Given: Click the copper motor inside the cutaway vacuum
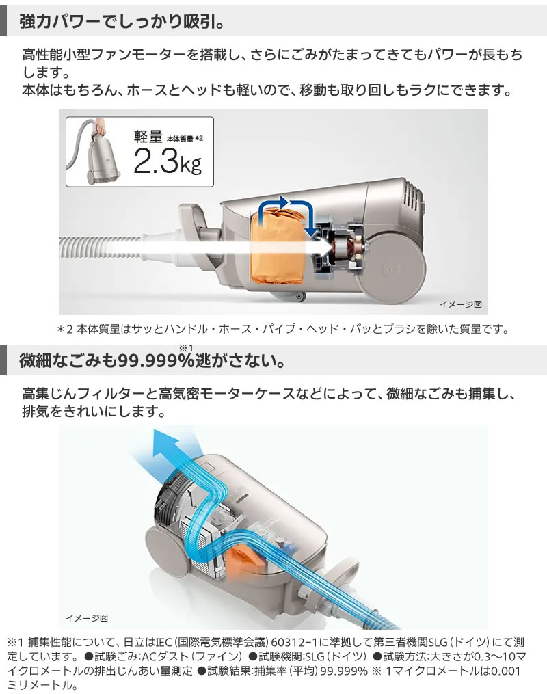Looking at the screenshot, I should [340, 250].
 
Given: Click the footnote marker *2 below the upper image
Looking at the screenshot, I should [66, 330].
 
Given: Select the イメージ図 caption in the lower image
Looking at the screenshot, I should [87, 617].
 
